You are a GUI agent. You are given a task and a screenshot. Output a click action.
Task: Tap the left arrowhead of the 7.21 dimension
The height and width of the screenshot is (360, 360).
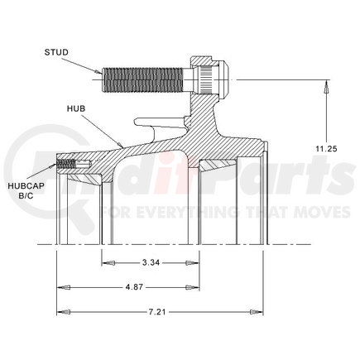60,312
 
